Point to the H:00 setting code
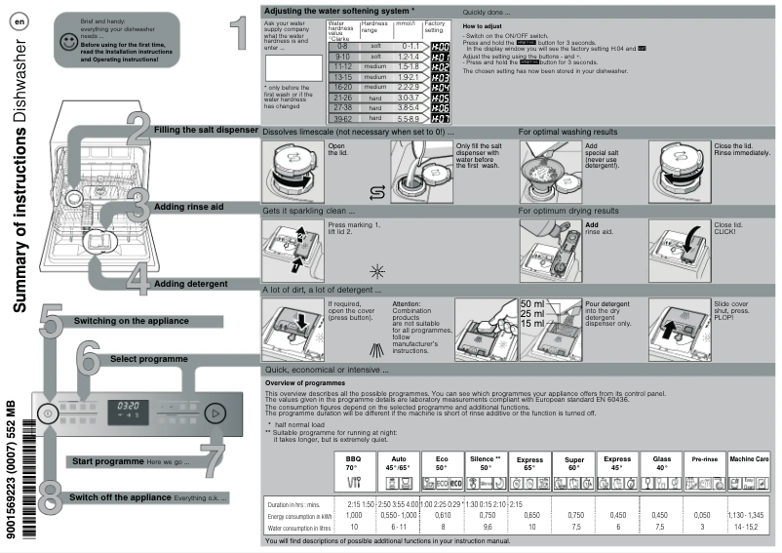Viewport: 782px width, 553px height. tap(440, 47)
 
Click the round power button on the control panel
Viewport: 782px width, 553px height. tap(48, 414)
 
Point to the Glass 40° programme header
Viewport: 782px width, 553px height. tap(660, 461)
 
